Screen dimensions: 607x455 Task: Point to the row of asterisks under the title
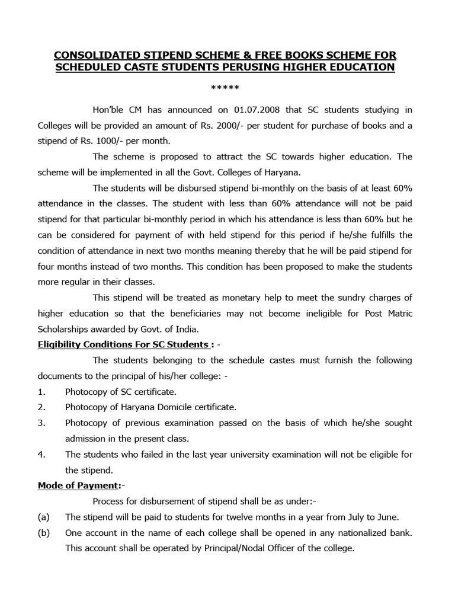225,89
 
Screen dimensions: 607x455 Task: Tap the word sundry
354,297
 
